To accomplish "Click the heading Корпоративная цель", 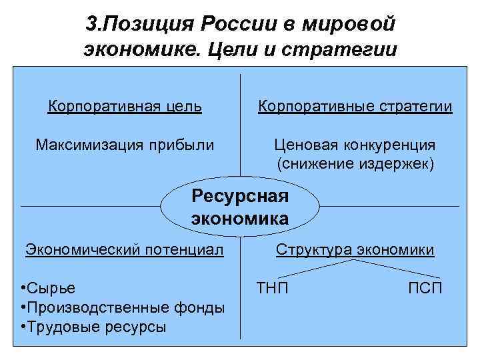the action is [x=125, y=106].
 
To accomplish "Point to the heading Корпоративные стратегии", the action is [x=355, y=106].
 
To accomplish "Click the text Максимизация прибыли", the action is [x=125, y=145].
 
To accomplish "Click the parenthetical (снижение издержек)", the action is [x=355, y=163].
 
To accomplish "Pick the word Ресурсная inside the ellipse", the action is [x=240, y=196].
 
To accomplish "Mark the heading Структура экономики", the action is [x=355, y=250].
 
